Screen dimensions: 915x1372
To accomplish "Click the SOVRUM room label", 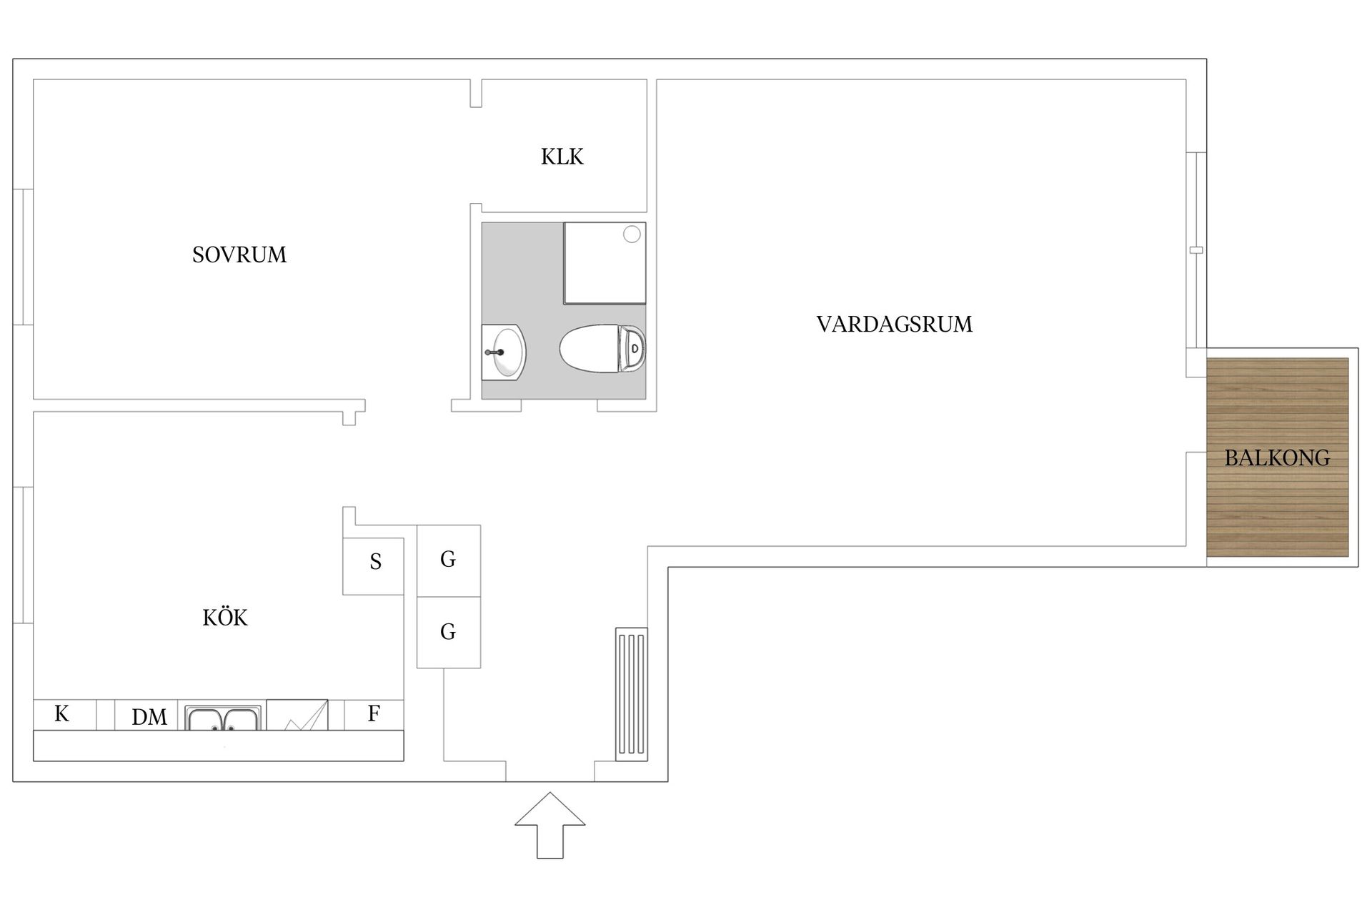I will [x=239, y=255].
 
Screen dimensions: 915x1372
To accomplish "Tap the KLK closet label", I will [x=562, y=157].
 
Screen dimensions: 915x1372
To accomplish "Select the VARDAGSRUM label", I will [x=894, y=325].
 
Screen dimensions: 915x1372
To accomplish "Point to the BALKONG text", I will [x=1277, y=458].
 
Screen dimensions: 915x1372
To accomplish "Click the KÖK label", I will [x=225, y=618].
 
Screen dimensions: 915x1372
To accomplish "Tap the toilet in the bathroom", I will [x=602, y=349].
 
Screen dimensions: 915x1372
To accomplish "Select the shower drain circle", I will [x=632, y=234].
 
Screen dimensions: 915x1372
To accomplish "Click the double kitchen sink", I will [x=222, y=718].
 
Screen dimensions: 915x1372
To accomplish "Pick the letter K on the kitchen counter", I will [x=62, y=713].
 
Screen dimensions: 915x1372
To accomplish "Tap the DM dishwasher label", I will [x=149, y=717].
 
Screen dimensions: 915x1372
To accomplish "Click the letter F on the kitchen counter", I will [x=374, y=713].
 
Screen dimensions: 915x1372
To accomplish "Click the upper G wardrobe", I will [x=448, y=560].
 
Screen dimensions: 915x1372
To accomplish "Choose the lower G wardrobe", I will [x=448, y=632].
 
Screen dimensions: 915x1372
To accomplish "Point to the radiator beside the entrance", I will [x=632, y=692].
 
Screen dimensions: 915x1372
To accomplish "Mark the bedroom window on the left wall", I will [x=23, y=257].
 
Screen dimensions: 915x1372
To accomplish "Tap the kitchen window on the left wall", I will [x=23, y=555].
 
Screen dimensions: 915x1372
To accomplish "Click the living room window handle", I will [x=1196, y=250].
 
